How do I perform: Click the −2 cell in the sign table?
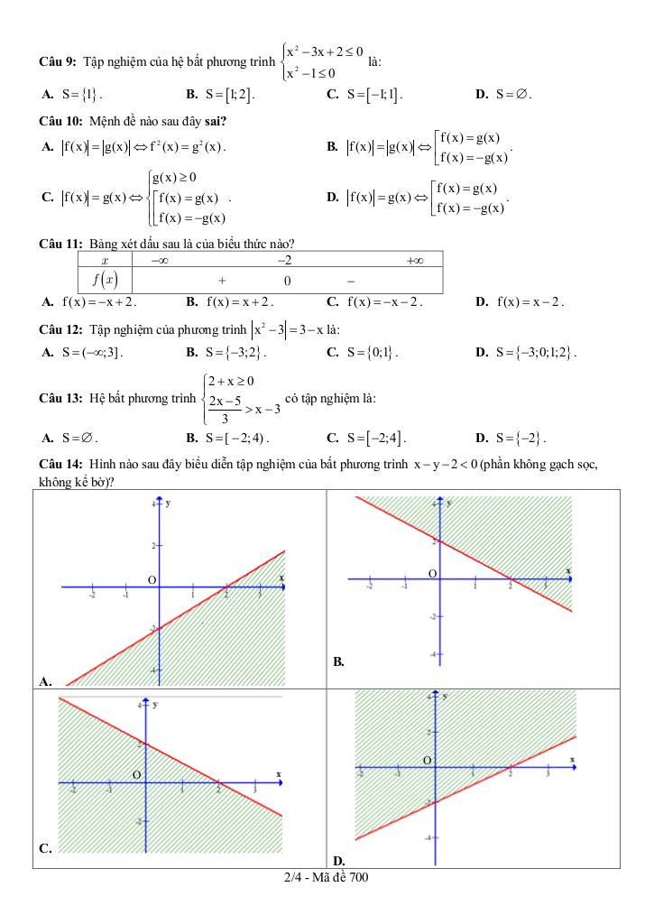pos(286,260)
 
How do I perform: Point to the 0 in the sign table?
pos(286,281)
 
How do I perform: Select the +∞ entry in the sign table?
pos(415,260)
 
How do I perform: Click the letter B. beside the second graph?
pos(338,661)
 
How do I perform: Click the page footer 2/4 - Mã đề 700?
pos(326,877)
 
